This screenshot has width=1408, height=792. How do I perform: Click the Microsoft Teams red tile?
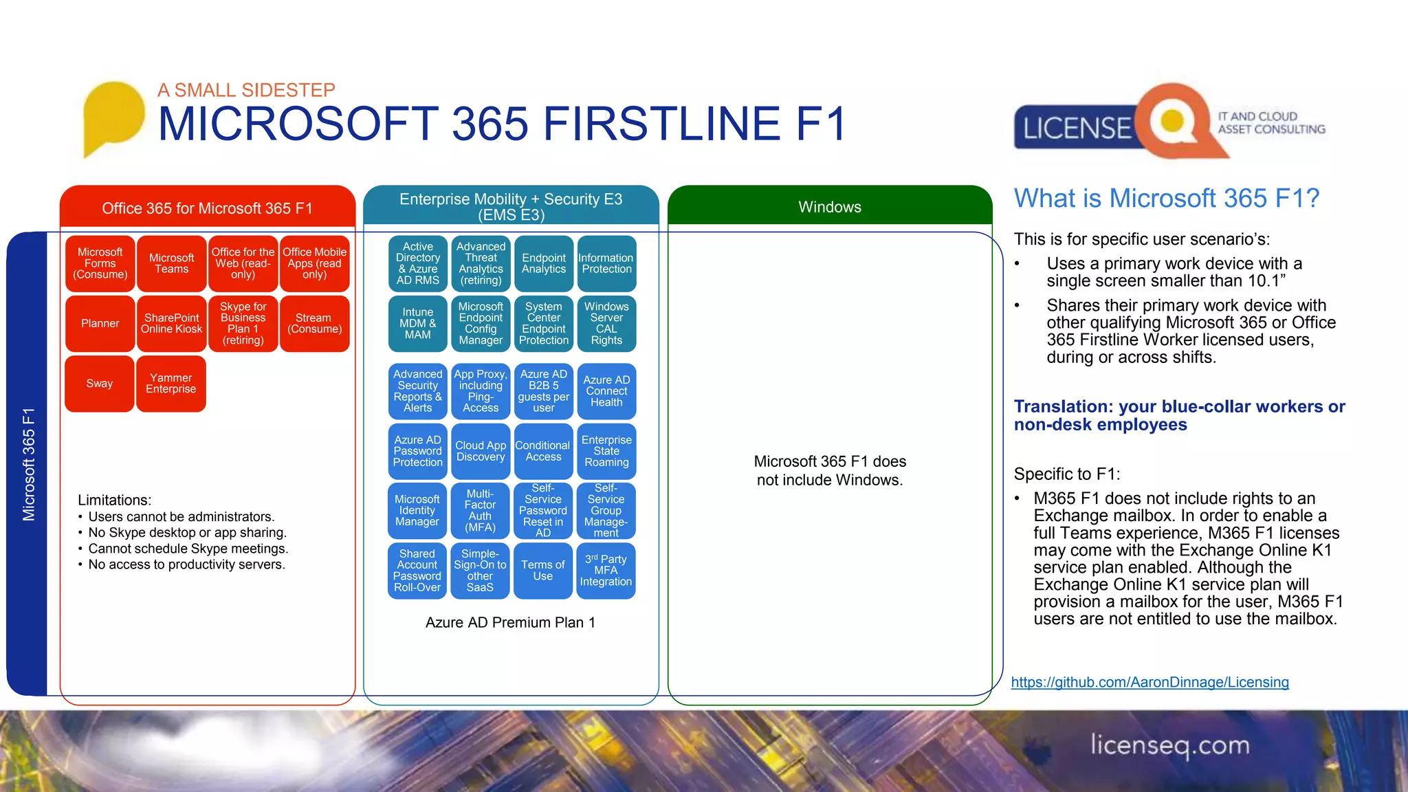pos(171,263)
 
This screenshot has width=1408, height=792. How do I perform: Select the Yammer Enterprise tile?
pos(171,384)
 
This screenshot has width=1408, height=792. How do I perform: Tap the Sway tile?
pos(100,384)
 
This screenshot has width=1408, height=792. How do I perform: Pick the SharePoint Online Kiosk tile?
pos(171,324)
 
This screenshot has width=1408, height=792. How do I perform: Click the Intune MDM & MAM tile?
pos(417,324)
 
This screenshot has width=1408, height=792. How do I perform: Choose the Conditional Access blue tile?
pos(543,452)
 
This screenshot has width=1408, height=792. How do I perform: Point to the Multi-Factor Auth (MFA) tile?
pos(480,511)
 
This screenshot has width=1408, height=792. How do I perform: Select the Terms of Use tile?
pos(543,571)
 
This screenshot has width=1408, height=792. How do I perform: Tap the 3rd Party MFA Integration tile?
pos(606,571)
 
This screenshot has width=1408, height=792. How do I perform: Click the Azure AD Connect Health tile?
pos(606,391)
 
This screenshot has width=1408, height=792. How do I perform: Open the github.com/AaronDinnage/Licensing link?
pos(1149,682)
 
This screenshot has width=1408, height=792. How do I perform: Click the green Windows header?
pos(829,207)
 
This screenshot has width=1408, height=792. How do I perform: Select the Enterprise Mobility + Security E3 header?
pos(511,206)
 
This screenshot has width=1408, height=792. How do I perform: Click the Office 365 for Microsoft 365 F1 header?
pos(207,208)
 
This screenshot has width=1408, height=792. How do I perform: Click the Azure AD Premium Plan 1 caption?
pos(510,623)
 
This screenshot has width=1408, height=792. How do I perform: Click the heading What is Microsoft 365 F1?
pos(1166,199)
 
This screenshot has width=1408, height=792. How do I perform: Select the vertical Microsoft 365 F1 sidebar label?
pos(29,464)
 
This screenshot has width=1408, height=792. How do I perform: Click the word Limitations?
pos(114,500)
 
